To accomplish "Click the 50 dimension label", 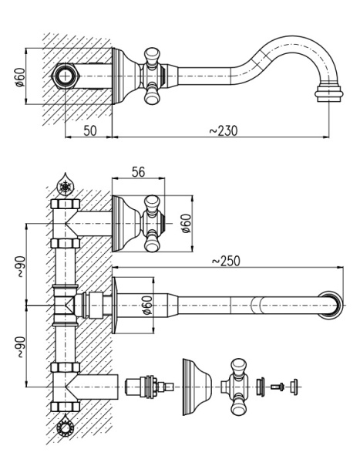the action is click(x=90, y=130).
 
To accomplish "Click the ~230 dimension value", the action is click(x=224, y=130).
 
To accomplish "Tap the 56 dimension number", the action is click(x=139, y=172).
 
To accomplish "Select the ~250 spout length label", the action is click(x=227, y=261).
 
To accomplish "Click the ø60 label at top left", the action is click(x=21, y=76).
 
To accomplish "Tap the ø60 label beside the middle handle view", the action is click(x=187, y=223).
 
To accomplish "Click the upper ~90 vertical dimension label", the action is click(x=19, y=267).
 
